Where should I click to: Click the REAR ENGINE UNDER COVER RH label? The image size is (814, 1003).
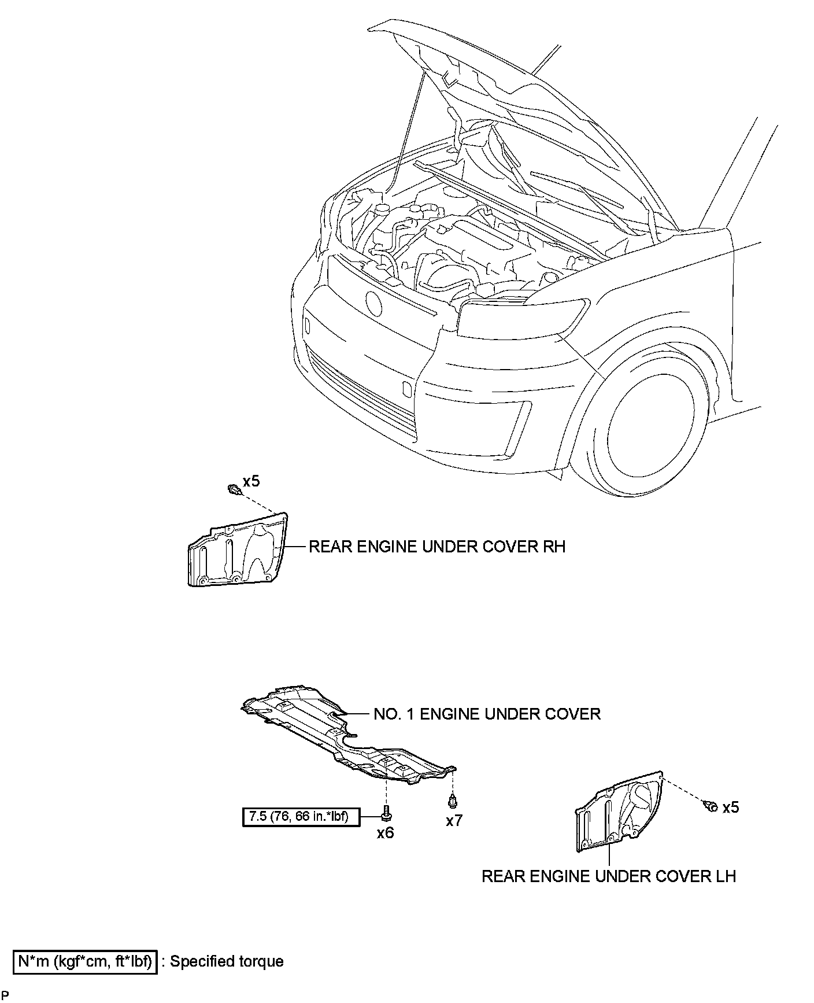tap(436, 547)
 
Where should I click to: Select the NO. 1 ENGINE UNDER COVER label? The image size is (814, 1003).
tap(487, 714)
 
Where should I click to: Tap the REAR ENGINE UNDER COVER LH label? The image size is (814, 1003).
tap(608, 876)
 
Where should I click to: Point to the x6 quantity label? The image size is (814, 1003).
tap(385, 833)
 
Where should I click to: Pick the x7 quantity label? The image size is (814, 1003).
tap(454, 820)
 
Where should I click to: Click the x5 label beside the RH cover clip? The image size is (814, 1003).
tap(251, 481)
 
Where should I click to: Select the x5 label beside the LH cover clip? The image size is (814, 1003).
tap(730, 807)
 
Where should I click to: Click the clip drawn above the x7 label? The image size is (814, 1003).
tap(453, 802)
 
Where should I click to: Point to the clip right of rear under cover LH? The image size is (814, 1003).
tap(711, 806)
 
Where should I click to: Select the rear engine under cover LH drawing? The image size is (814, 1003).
tap(619, 813)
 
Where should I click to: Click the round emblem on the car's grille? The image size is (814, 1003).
tap(374, 302)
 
